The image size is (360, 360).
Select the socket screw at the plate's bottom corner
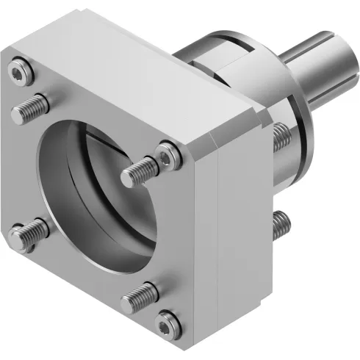point(170,321)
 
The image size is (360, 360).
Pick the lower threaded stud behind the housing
point(280,225)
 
